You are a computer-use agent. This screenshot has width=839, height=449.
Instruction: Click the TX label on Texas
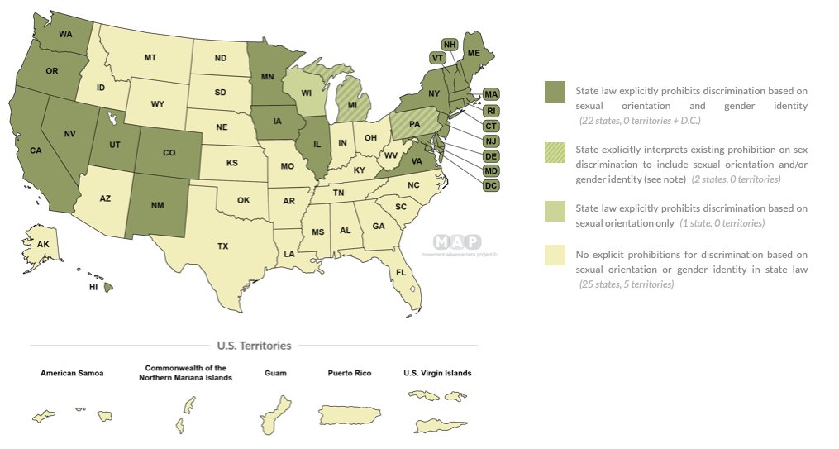coord(222,246)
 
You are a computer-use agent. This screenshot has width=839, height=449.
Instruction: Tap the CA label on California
coord(36,150)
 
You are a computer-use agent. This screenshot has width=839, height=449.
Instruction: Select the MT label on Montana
coord(150,57)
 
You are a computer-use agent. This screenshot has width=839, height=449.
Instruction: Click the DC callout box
coord(491,186)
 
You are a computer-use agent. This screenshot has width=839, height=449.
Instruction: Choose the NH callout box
coord(450,44)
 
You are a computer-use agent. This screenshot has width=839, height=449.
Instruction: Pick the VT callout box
coord(438,58)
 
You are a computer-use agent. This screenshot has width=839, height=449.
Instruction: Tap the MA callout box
coord(491,93)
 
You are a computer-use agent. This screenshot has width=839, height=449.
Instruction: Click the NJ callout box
coord(491,141)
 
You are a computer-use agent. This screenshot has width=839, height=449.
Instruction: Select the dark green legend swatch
coord(554,93)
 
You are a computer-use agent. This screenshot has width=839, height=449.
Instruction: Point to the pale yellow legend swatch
coord(554,256)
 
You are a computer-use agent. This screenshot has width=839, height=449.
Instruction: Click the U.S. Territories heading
coord(254,346)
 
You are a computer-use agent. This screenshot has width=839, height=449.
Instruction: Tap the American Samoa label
coord(72,373)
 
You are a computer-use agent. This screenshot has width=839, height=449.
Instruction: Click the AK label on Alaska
coord(43,245)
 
